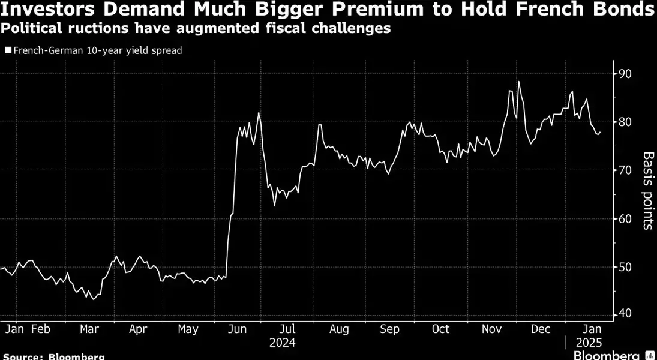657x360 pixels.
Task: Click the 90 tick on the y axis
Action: (626, 74)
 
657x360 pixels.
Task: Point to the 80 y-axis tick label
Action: (626, 122)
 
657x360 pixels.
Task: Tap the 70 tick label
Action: (626, 170)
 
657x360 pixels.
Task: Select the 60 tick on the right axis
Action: (626, 218)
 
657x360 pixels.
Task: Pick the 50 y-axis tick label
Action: (626, 266)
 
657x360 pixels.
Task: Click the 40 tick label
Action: (626, 313)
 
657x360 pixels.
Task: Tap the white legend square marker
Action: (7, 51)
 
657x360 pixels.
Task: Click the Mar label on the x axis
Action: (89, 329)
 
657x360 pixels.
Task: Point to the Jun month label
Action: (238, 329)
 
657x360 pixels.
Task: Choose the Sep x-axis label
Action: (390, 329)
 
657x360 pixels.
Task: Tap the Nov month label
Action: (491, 329)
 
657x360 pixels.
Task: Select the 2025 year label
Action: (589, 343)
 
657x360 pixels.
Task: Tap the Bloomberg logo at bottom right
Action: (614, 355)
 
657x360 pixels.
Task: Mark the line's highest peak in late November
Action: (518, 82)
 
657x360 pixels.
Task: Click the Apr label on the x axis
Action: (138, 329)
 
